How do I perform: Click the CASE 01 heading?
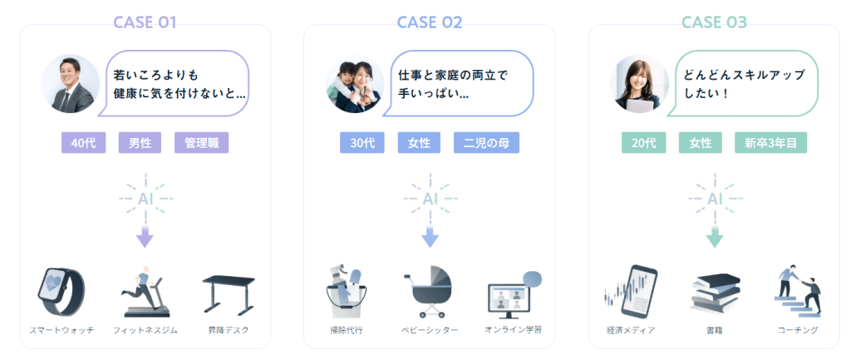pos(145,22)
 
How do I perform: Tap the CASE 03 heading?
pos(714,22)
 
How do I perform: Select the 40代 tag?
pos(83,143)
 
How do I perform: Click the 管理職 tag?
pos(201,143)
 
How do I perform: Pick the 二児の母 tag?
pos(486,143)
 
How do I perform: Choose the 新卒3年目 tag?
pos(770,143)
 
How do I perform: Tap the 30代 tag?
pos(362,143)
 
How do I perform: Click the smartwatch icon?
pos(61,292)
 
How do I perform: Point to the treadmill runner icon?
pos(145,292)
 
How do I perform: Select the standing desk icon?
pos(229,293)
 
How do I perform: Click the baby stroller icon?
pos(430,292)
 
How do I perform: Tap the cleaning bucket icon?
pos(347,292)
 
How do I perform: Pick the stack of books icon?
pos(714,293)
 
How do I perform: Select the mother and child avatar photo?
pos(355,84)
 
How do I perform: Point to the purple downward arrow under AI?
pos(145,237)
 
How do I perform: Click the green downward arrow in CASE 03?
pos(714,237)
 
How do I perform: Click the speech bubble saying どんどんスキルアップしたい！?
pos(746,83)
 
